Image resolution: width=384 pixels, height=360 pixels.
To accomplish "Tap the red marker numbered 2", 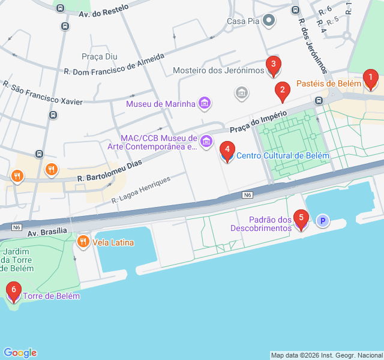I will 282,92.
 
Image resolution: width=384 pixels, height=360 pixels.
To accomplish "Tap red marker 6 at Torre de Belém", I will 13,292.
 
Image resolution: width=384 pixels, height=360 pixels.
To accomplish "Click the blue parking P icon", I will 323,221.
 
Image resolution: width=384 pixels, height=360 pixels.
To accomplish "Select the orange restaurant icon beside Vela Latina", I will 83,242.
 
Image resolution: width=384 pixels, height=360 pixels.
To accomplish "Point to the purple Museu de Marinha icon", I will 205,103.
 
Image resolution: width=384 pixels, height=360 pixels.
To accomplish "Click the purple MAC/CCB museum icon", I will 206,142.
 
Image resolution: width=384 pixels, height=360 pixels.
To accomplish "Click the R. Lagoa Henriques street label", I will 141,188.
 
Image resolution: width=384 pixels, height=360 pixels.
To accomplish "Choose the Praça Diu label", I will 103,56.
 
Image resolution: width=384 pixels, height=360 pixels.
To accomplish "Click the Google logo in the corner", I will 20,353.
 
